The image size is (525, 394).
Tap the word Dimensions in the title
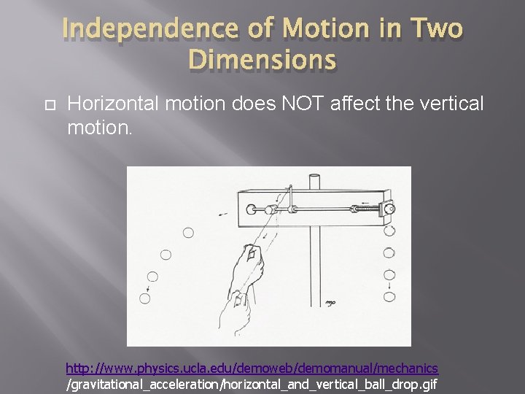point(262,61)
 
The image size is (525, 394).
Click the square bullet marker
point(48,106)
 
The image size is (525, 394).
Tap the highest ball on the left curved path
point(188,233)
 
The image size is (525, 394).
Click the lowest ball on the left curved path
point(145,298)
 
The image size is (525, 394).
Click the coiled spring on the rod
point(369,209)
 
